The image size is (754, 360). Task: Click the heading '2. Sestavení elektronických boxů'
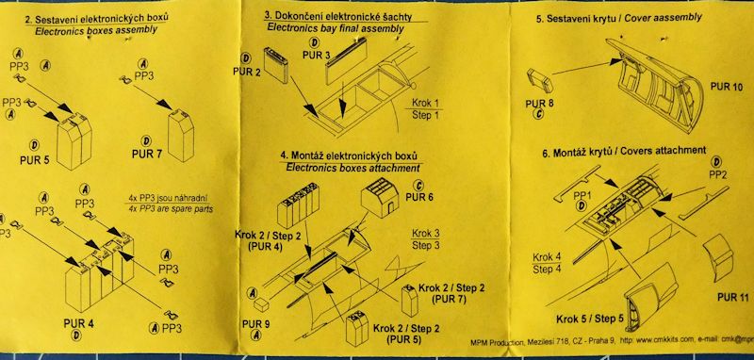click(x=96, y=19)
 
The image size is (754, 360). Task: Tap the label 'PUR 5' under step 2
click(x=34, y=160)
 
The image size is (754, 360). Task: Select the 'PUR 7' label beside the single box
click(x=147, y=155)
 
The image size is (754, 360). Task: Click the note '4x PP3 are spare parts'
click(x=171, y=209)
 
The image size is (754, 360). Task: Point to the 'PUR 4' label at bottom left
click(x=78, y=323)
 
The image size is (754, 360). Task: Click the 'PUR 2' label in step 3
click(x=246, y=72)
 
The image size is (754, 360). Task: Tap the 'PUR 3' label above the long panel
click(x=316, y=56)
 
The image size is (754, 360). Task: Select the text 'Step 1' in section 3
click(x=425, y=115)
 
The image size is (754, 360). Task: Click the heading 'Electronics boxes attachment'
click(x=352, y=169)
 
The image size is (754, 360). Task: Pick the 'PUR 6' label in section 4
click(x=420, y=197)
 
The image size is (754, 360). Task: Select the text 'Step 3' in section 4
click(x=426, y=246)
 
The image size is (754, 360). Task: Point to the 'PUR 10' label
click(x=726, y=87)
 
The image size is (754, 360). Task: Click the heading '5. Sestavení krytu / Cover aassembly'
click(x=619, y=18)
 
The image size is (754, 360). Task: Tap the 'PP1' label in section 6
click(x=582, y=196)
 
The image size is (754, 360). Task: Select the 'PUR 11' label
click(x=733, y=297)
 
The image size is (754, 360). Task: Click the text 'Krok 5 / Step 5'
click(x=590, y=319)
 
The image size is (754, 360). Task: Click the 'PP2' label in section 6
click(x=718, y=174)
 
